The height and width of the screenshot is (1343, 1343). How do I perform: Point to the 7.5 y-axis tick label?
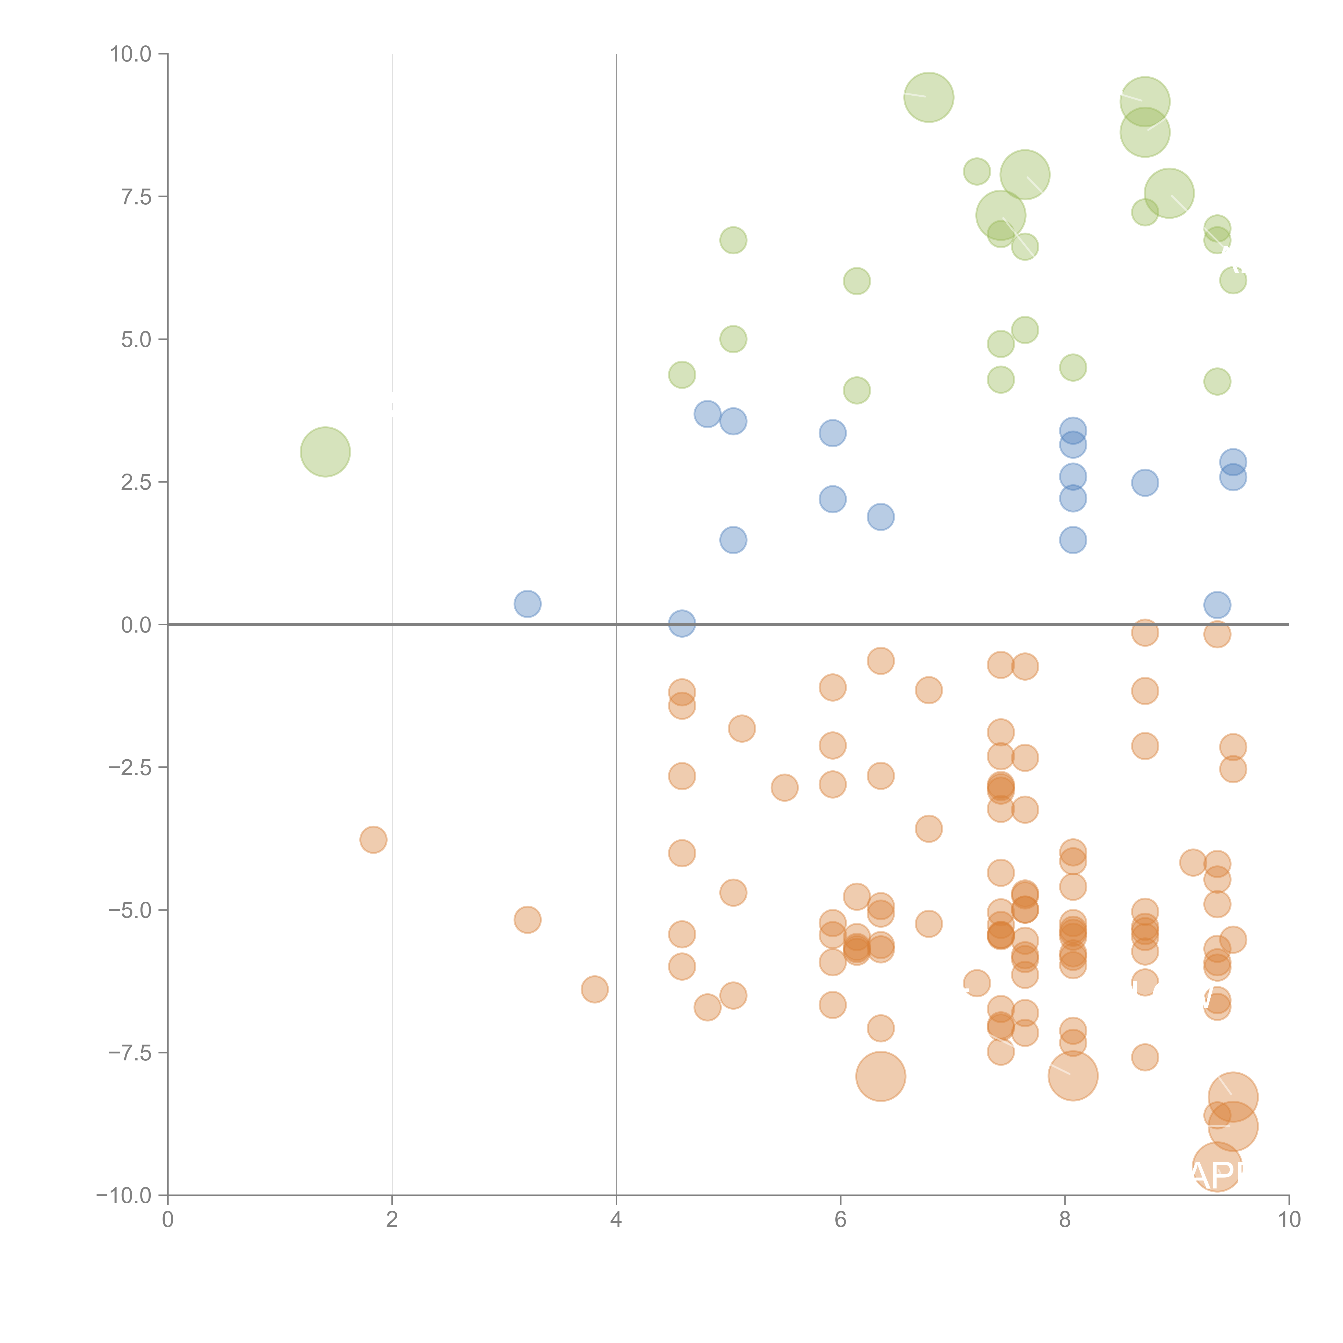[136, 197]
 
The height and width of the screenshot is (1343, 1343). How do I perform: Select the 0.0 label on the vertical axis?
[136, 625]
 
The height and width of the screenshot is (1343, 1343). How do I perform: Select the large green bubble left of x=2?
[325, 452]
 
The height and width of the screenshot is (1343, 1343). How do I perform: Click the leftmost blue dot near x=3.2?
[528, 603]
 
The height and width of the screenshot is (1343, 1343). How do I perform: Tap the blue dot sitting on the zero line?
[681, 623]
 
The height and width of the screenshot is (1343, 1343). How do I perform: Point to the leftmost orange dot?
[373, 840]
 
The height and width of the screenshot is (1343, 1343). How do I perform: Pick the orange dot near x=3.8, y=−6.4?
[594, 988]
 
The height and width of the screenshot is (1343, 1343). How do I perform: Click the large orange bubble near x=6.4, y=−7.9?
[880, 1076]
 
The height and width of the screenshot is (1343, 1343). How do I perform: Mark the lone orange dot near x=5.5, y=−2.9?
[784, 788]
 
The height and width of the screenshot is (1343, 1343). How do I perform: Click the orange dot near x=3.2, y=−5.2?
[528, 920]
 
